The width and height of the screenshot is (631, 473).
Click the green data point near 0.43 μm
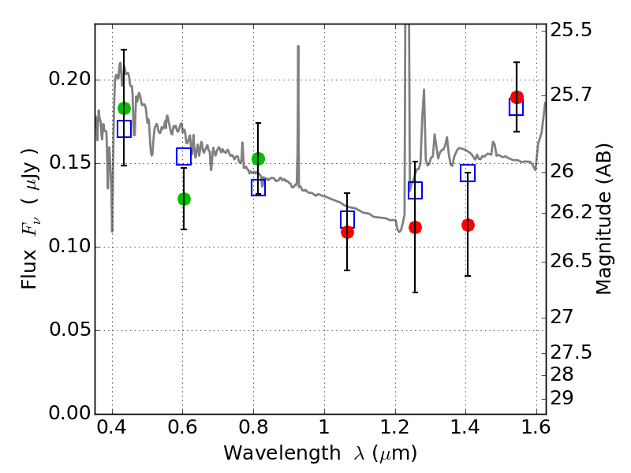(x=124, y=108)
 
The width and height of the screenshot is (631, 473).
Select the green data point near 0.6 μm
(x=184, y=199)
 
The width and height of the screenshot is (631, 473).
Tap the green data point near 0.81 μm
(x=258, y=158)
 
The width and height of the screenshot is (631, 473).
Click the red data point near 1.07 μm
(x=347, y=232)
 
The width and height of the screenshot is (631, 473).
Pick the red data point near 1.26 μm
(x=415, y=227)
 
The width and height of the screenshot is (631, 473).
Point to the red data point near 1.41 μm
(x=468, y=225)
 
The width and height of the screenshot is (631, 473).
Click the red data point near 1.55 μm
(x=517, y=97)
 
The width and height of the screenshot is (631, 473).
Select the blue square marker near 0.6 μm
(x=184, y=156)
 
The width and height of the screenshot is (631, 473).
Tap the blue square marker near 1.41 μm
(x=468, y=173)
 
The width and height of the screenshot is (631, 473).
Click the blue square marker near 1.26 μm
(x=415, y=190)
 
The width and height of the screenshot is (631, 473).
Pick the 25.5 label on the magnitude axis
(x=573, y=31)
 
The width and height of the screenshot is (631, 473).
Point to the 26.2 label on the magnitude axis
(x=573, y=213)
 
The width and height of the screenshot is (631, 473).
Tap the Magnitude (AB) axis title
(x=604, y=221)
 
